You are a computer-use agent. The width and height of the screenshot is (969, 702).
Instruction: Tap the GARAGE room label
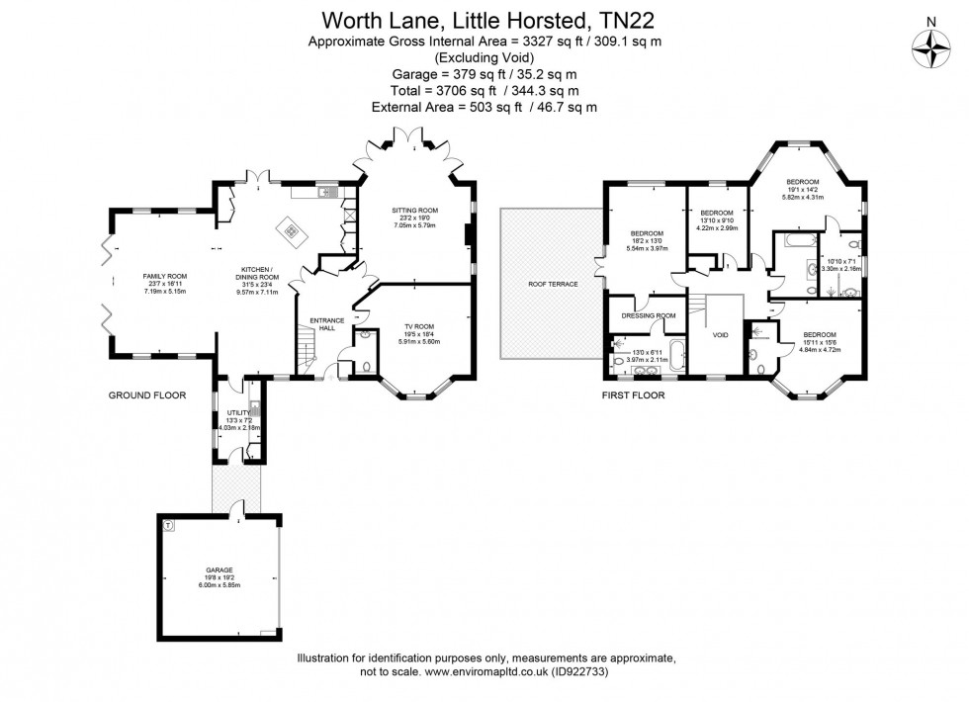point(220,570)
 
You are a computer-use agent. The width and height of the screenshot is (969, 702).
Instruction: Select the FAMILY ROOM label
point(165,276)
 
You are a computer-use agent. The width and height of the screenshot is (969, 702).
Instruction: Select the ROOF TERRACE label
point(552,284)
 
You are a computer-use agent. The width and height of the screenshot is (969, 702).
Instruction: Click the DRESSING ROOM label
point(648,315)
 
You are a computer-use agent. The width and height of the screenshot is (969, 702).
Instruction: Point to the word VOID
point(721,335)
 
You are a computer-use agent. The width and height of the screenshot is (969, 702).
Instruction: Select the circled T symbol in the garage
point(168,525)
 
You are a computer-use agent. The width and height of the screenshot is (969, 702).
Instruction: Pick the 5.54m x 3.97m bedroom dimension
point(649,248)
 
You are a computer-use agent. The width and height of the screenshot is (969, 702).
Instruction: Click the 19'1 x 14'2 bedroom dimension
point(802,190)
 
